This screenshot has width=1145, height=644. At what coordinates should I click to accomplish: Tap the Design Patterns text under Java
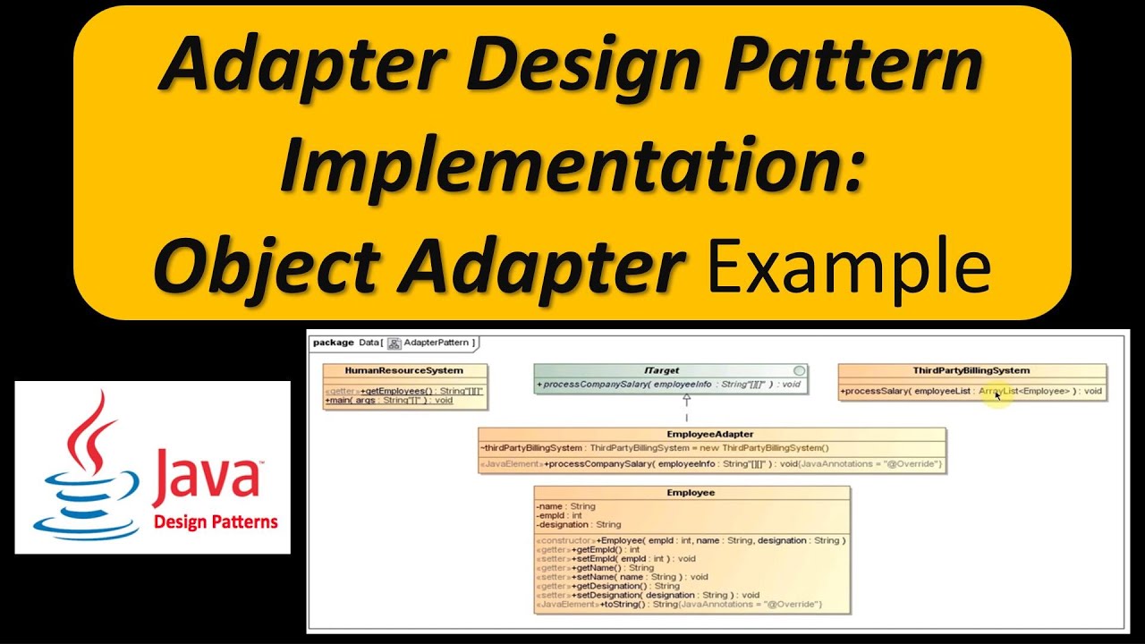(x=216, y=522)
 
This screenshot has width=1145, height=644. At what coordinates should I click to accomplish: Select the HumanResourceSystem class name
(x=404, y=370)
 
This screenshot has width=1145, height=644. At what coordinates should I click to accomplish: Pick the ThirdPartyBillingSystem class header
(x=971, y=370)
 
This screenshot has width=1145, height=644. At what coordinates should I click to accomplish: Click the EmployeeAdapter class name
(x=710, y=435)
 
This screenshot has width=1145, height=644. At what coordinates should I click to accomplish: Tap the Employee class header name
(x=691, y=493)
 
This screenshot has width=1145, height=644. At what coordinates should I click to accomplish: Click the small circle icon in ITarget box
(x=799, y=370)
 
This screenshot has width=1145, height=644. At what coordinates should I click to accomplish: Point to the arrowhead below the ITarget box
(x=686, y=401)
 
